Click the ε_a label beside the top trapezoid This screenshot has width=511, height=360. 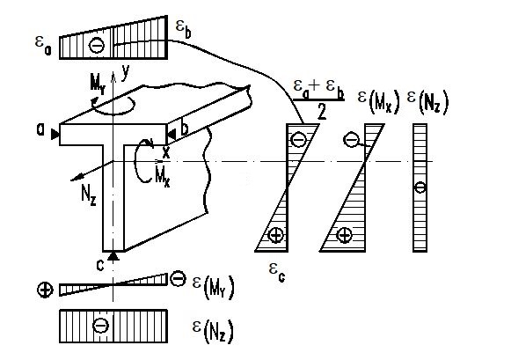(x=43, y=47)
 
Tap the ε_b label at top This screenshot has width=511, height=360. (x=183, y=30)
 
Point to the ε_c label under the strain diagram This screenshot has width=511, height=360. (x=277, y=273)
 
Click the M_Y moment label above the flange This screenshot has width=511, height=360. (x=98, y=85)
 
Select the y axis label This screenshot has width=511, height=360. (x=126, y=72)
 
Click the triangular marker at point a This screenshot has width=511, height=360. (x=55, y=135)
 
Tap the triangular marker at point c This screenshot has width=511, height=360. (x=113, y=256)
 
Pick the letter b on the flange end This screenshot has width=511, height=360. (x=185, y=129)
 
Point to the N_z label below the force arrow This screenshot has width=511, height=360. (x=89, y=196)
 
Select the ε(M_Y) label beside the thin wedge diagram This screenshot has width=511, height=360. (x=214, y=287)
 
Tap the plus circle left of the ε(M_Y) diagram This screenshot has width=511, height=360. (x=45, y=290)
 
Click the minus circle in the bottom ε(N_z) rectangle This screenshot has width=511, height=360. (x=100, y=325)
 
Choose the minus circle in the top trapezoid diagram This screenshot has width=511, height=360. (x=97, y=45)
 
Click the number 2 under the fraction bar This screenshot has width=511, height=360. (x=322, y=112)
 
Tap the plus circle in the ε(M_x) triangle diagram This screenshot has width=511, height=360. (x=344, y=235)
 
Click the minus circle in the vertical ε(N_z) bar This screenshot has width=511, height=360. (x=420, y=187)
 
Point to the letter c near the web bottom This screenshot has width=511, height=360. (x=100, y=266)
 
